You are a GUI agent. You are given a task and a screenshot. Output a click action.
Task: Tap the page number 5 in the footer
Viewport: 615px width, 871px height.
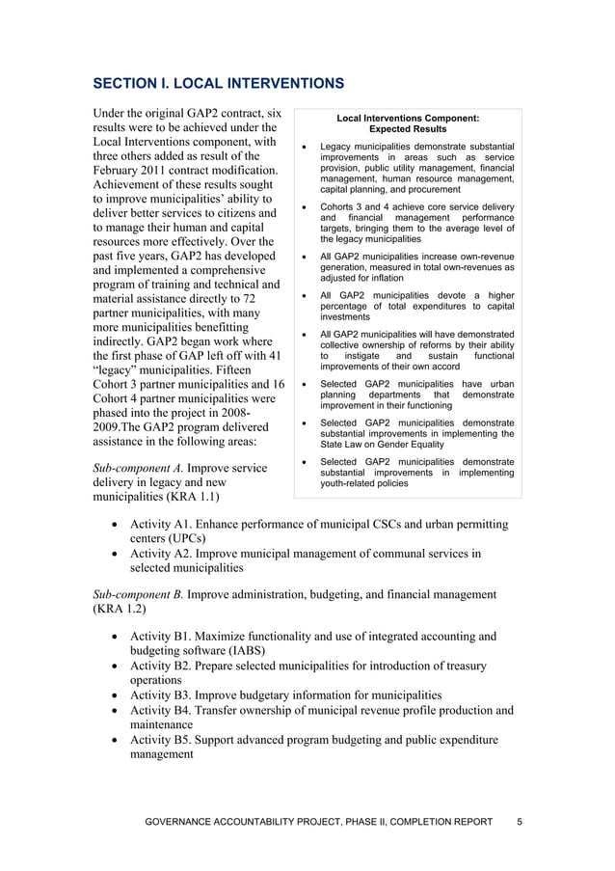[x=520, y=822]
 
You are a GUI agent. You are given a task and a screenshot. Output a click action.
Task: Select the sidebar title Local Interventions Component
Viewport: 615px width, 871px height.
[x=407, y=118]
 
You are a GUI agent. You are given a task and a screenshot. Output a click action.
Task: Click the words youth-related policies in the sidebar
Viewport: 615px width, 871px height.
[x=363, y=483]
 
